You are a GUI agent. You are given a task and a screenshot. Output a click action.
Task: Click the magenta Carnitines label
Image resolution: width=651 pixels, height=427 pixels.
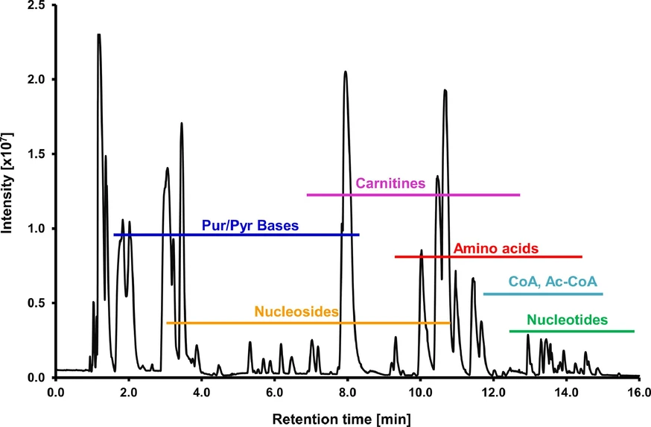tap(390, 183)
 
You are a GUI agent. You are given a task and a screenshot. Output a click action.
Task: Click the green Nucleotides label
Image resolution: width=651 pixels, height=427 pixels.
tap(568, 320)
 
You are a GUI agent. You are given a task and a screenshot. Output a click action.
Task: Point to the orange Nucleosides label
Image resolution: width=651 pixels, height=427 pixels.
tap(297, 311)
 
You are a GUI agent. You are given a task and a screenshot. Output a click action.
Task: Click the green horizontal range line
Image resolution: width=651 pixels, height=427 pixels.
tap(571, 331)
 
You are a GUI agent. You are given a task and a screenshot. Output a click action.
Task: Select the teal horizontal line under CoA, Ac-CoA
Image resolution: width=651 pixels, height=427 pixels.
tap(543, 294)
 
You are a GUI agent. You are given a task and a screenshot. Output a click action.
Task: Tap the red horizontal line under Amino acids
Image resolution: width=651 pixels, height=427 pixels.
tap(488, 256)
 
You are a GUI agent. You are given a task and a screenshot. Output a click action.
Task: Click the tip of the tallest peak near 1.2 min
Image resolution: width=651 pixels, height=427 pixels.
tap(98, 35)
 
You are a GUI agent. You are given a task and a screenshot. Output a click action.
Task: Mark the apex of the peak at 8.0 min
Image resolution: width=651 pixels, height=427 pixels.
tap(346, 72)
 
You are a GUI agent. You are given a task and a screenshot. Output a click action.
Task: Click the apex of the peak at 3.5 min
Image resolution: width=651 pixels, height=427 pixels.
tap(181, 124)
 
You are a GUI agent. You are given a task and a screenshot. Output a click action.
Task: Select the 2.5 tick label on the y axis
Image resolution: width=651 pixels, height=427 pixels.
tap(36, 6)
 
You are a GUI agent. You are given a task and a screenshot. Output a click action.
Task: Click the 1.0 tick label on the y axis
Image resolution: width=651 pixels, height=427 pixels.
tap(36, 229)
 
